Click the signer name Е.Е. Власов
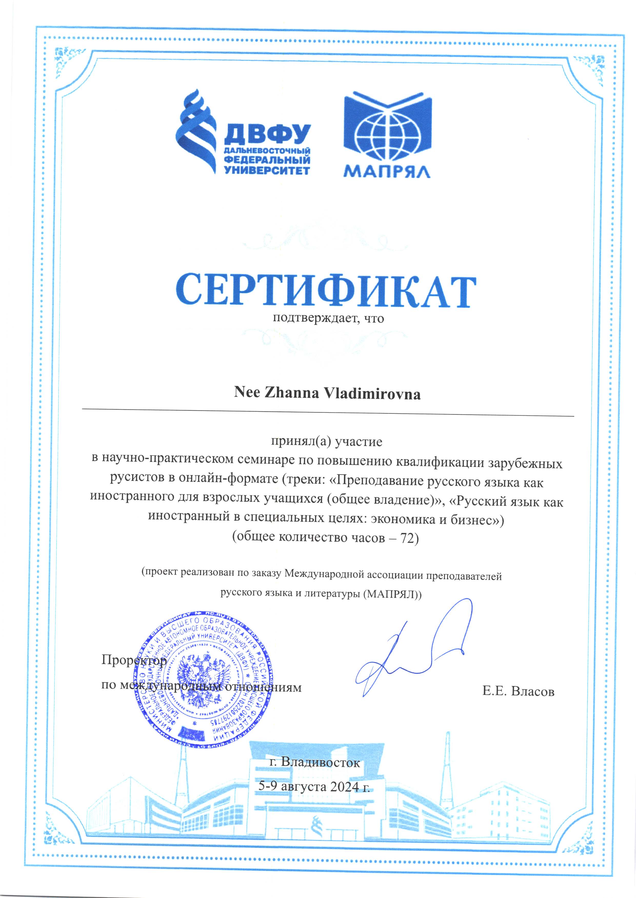click(x=518, y=692)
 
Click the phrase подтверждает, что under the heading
click(x=328, y=318)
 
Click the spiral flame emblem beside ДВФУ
click(x=196, y=131)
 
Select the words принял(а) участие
click(x=327, y=441)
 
